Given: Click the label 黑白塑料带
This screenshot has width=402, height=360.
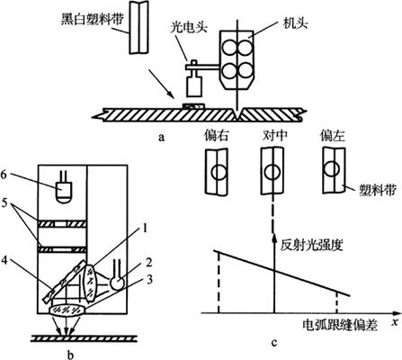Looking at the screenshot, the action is pyautogui.click(x=93, y=20).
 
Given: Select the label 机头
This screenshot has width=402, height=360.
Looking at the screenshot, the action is pyautogui.click(x=296, y=24).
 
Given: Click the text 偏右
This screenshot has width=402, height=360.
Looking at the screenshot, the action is pyautogui.click(x=217, y=136).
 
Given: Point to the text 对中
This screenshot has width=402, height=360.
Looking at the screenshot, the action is pyautogui.click(x=275, y=136).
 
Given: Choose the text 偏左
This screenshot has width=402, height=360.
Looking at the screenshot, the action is pyautogui.click(x=333, y=136).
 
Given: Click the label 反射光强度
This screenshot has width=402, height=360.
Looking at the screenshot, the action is pyautogui.click(x=312, y=246).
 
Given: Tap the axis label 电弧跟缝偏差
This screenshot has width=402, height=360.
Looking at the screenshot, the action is pyautogui.click(x=340, y=326).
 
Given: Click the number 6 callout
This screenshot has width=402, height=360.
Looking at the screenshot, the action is pyautogui.click(x=4, y=175).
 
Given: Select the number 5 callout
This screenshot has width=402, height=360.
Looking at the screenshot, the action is pyautogui.click(x=4, y=203).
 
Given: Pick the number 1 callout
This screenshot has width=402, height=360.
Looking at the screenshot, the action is pyautogui.click(x=145, y=229).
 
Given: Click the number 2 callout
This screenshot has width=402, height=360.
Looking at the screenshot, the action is pyautogui.click(x=149, y=262).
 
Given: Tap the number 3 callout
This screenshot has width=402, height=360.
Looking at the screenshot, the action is pyautogui.click(x=149, y=279).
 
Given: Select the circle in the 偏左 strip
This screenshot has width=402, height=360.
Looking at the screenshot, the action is pyautogui.click(x=332, y=168).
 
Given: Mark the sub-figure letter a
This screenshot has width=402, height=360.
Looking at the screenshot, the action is pyautogui.click(x=162, y=138).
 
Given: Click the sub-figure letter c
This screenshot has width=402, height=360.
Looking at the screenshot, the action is pyautogui.click(x=273, y=342).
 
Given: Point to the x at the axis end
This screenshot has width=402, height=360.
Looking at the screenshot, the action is pyautogui.click(x=396, y=322).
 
